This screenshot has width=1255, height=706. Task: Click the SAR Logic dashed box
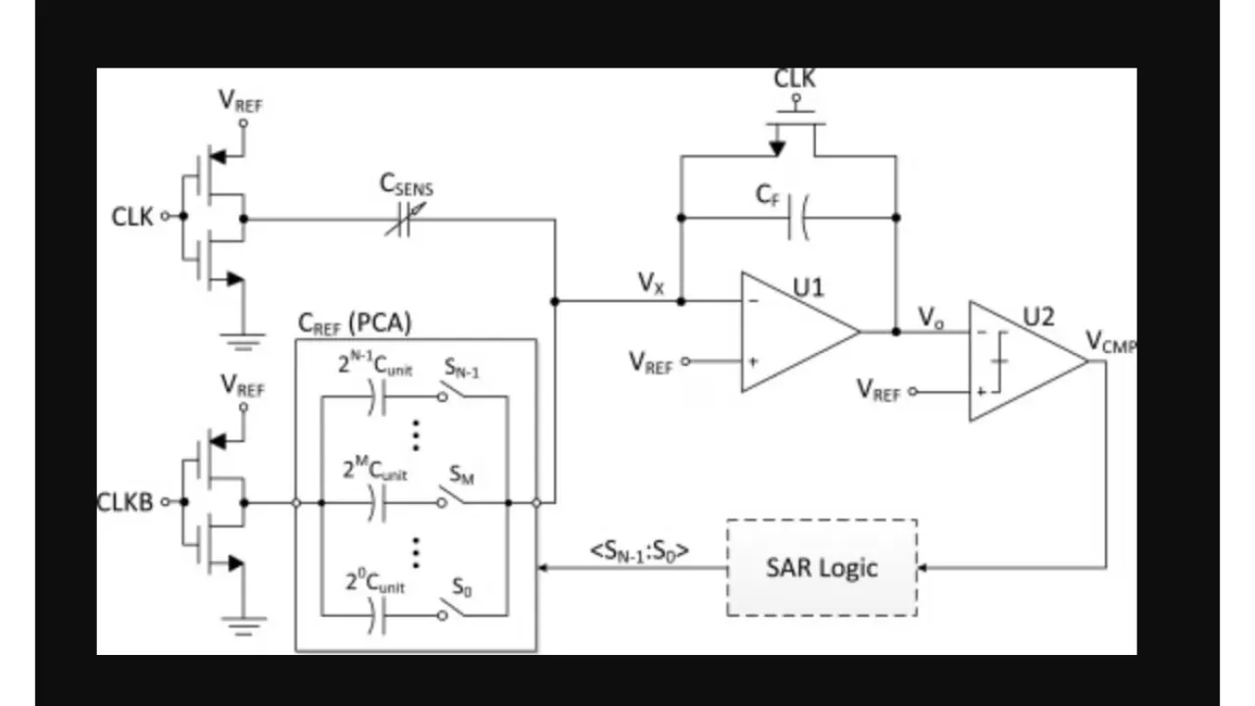[x=822, y=568]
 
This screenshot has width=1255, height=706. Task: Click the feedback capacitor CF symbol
[x=800, y=217]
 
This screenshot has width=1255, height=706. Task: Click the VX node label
[x=651, y=283]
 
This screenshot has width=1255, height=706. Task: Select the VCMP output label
[x=1110, y=341]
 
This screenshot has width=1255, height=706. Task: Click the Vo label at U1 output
[x=930, y=318]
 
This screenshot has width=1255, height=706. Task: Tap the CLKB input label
[x=125, y=502]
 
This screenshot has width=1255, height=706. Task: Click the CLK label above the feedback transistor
[x=794, y=79]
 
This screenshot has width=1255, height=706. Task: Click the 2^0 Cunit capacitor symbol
[x=377, y=615]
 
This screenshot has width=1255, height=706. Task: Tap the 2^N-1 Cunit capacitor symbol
[x=377, y=396]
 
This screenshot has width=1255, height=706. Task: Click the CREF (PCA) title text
[x=354, y=323]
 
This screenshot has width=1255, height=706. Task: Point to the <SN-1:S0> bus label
[x=639, y=551]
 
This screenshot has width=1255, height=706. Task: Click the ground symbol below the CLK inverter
[x=242, y=342]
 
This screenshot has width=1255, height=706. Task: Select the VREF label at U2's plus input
[x=878, y=390]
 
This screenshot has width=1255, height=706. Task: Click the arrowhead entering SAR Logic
[x=923, y=568]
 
